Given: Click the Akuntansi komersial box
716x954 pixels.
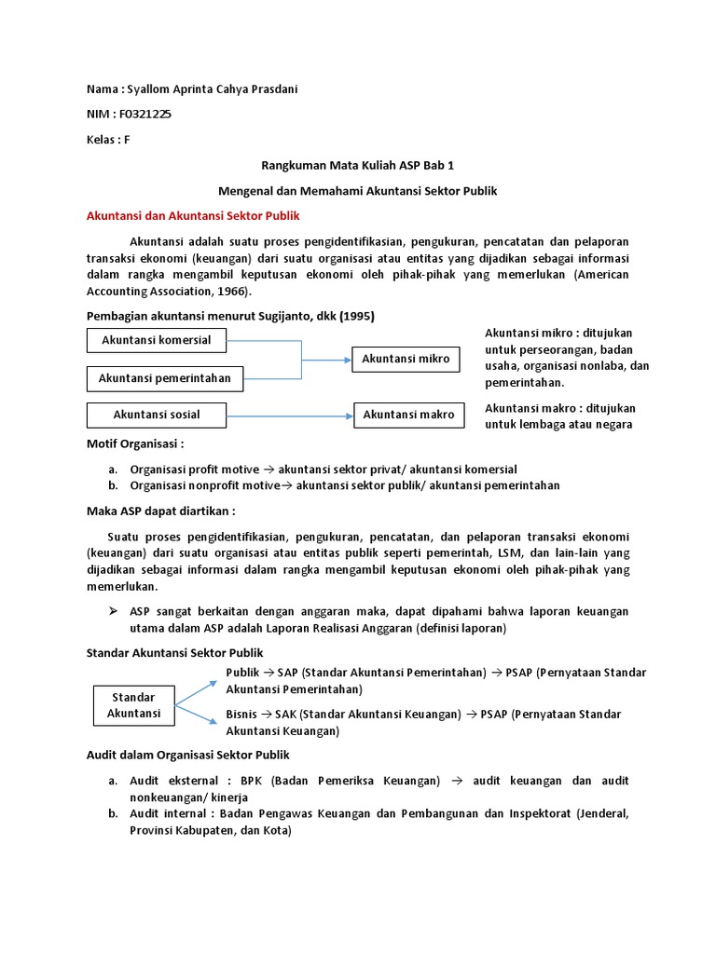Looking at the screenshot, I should (157, 340).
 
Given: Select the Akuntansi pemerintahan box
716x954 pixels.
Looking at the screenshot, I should (164, 377).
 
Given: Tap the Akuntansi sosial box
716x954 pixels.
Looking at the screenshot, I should (157, 414).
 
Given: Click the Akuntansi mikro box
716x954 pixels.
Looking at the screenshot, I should (406, 359).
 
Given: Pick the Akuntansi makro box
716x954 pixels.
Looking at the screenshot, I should (408, 415).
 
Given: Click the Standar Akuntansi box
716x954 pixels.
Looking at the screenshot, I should (133, 705).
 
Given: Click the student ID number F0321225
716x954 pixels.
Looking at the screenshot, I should (145, 114).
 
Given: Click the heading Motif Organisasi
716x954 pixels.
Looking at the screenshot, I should (134, 444).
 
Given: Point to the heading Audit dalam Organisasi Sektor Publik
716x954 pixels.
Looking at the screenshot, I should (188, 755).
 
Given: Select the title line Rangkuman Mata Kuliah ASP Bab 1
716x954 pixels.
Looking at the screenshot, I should (358, 165).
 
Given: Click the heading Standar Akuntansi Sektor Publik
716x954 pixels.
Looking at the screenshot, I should (175, 652).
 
